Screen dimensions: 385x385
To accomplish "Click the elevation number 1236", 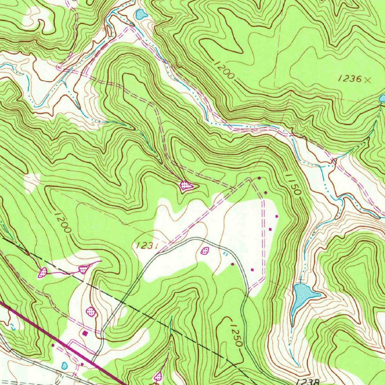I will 350,79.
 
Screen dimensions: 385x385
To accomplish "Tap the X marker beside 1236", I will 368,79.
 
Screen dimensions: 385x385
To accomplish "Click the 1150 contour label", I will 293,183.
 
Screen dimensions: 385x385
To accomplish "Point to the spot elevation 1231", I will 146,246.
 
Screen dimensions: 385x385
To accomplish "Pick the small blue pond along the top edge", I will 141,14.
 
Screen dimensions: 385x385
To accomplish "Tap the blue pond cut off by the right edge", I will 382,99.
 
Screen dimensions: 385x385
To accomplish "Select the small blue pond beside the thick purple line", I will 64,365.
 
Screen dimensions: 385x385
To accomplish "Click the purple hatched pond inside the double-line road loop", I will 205,250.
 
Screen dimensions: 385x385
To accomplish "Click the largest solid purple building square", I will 85,333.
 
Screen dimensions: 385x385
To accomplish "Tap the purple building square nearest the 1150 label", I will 266,193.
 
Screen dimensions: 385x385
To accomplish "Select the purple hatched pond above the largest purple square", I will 91,311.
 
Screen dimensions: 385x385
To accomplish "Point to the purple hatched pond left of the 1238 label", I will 158,376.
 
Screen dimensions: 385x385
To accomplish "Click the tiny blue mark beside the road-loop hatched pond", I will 225,255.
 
